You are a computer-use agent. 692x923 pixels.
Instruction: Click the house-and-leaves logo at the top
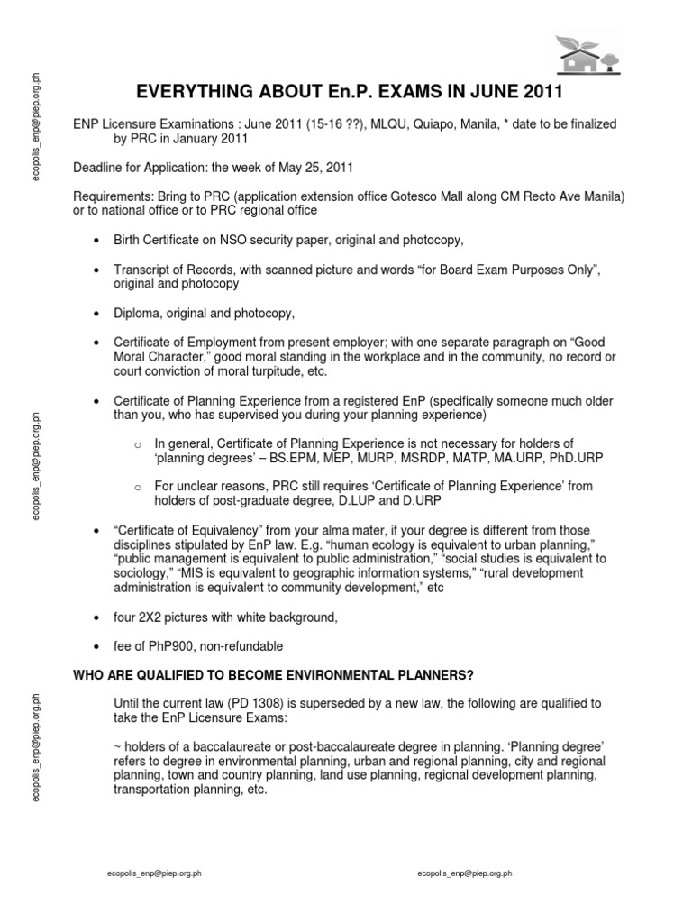point(587,53)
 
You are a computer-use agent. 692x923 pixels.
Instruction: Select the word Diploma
point(137,313)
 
